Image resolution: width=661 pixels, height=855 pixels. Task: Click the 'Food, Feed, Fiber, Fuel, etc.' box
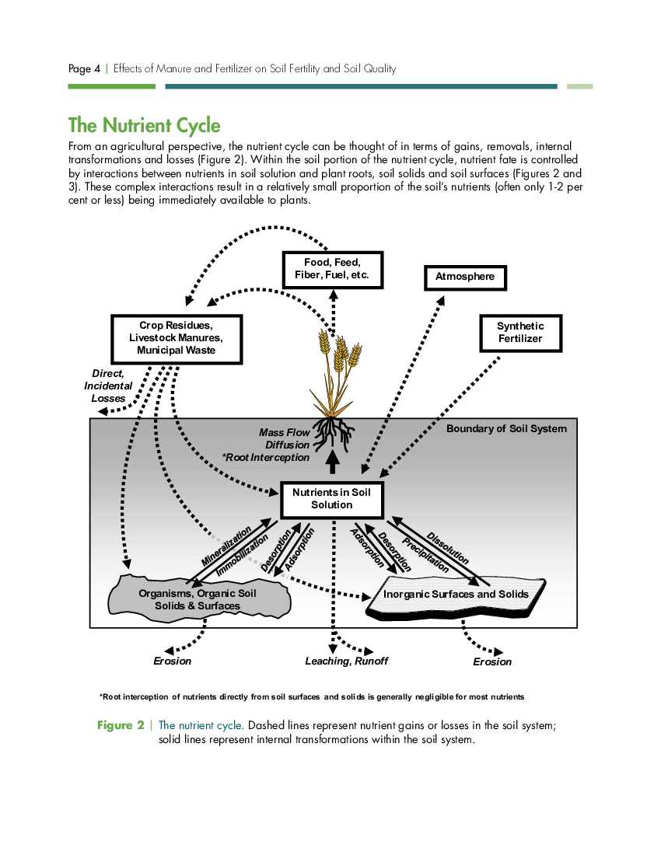click(333, 270)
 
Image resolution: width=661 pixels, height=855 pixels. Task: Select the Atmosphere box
click(465, 277)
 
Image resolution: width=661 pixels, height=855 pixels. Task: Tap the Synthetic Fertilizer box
click(521, 333)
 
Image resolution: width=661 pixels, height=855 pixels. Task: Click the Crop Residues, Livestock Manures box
click(177, 339)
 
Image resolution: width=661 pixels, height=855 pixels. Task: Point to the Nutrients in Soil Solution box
click(331, 499)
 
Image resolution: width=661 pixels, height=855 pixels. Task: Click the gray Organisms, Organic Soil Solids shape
click(198, 598)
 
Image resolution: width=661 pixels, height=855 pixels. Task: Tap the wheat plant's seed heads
click(340, 348)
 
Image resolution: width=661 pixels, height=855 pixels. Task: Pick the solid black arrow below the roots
click(333, 462)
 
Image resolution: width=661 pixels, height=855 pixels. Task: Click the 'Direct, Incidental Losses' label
click(108, 386)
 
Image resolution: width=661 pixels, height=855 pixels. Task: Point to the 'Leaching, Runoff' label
click(346, 661)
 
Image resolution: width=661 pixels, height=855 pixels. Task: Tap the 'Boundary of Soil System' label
click(507, 428)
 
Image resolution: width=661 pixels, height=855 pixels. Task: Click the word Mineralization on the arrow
click(226, 546)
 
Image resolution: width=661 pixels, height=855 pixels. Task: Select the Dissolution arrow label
click(447, 548)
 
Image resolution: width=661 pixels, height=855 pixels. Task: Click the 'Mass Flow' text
click(284, 432)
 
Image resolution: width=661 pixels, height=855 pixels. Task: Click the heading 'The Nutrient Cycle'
click(145, 125)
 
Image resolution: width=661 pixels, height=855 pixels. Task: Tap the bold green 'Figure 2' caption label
click(121, 725)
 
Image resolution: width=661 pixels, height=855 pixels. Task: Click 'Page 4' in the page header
click(85, 68)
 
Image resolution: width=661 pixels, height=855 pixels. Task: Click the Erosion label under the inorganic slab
click(492, 662)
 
